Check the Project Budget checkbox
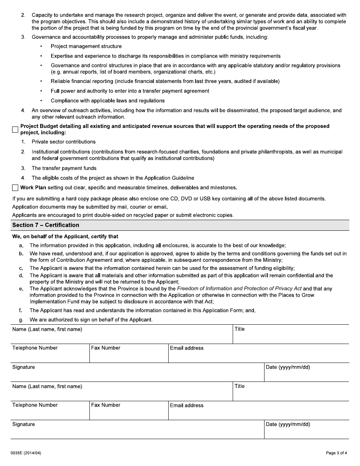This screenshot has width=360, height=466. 15,130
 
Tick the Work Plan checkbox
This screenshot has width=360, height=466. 15,188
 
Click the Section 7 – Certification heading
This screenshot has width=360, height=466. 45,225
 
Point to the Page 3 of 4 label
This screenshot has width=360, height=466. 336,453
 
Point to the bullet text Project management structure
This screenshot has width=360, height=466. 86,46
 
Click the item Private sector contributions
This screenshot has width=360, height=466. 63,142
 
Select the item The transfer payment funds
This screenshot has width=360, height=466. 64,168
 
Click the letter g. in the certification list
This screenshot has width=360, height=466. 21,320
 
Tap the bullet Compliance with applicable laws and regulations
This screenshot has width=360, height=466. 108,101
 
